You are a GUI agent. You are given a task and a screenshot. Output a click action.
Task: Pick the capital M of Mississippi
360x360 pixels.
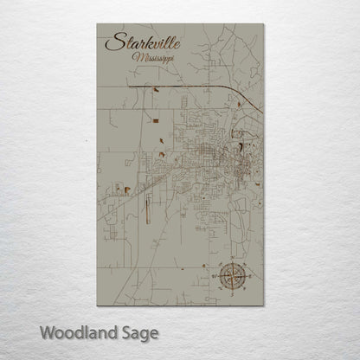pos(137,57)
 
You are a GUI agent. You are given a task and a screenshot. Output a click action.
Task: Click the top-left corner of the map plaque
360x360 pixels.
pos(97,24)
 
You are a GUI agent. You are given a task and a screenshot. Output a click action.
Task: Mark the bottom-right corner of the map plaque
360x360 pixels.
pos(263,305)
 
